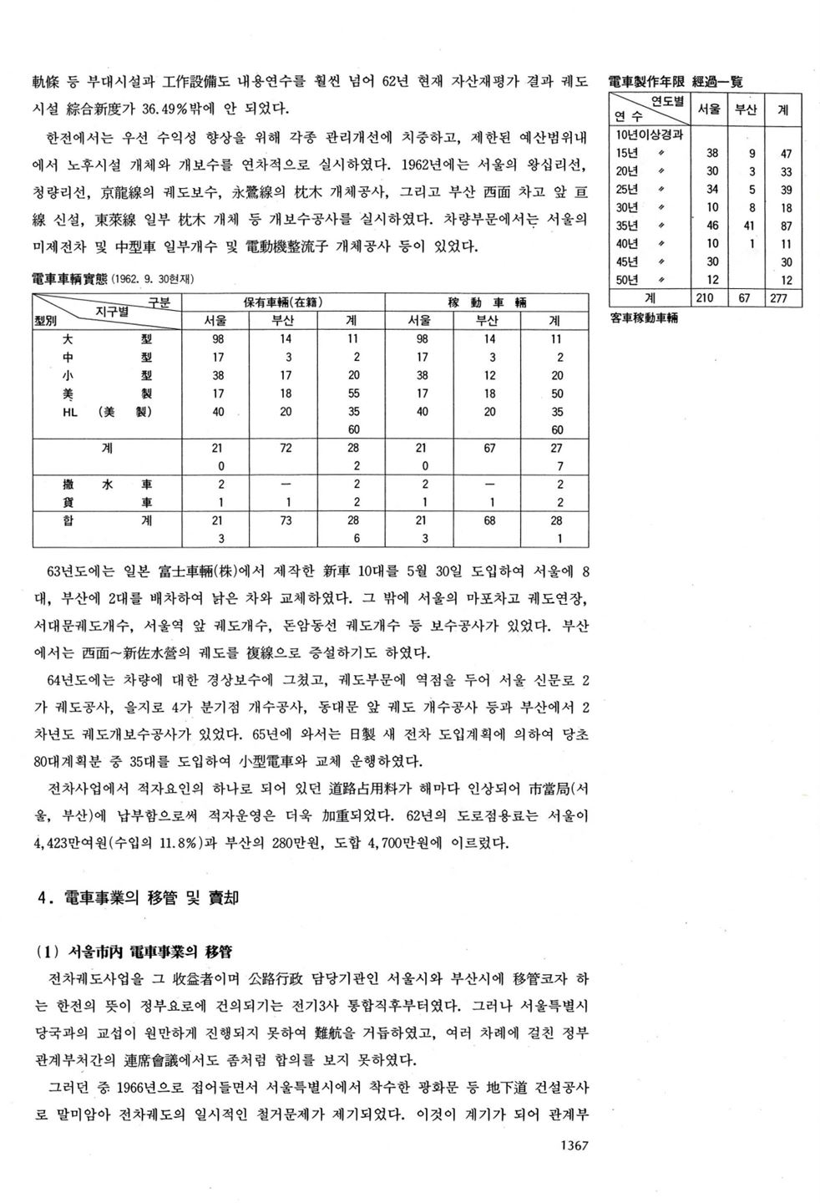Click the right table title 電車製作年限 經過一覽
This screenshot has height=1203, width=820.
click(x=676, y=81)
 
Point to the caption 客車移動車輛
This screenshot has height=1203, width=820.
click(x=644, y=318)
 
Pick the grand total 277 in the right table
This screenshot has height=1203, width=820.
click(x=786, y=298)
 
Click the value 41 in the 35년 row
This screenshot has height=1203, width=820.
click(x=752, y=226)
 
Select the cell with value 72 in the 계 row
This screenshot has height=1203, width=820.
click(x=286, y=448)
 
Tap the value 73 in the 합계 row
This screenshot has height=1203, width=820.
click(x=286, y=520)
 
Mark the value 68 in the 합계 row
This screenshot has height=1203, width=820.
click(x=488, y=520)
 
